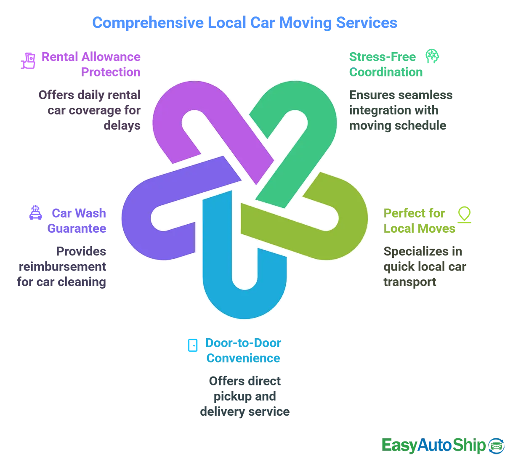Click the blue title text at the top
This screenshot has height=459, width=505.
coord(243,22)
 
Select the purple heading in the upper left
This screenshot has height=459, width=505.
coord(89,64)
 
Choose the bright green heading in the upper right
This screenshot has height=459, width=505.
coord(385,64)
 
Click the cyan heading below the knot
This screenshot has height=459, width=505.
coord(242,350)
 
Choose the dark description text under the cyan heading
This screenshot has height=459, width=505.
coord(244,395)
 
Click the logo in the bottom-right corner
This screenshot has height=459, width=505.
coord(438,444)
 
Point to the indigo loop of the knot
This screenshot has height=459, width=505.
coord(139,219)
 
